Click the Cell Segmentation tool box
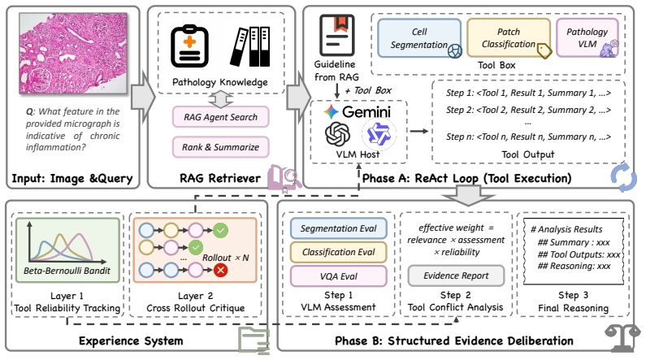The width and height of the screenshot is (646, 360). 419,38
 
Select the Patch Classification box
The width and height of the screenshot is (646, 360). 509,38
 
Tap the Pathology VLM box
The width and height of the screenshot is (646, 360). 587,38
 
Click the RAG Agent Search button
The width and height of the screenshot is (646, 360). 220,117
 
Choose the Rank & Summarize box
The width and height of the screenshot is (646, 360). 220,147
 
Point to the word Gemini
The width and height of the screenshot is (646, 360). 366,111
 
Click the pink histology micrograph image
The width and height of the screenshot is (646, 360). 73,53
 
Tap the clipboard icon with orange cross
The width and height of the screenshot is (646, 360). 189,46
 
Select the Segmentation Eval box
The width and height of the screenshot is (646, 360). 338,228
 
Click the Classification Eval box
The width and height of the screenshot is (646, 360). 338,252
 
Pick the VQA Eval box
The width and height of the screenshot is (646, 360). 338,276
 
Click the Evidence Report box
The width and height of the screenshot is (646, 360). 456,275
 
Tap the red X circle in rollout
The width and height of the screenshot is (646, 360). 221,271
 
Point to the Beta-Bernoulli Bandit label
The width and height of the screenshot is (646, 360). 67,271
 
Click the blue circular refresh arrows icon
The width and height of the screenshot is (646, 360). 624,177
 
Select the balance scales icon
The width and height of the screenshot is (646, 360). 622,339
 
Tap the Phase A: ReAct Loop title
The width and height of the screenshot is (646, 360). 466,178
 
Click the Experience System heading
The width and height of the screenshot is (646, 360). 131,341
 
